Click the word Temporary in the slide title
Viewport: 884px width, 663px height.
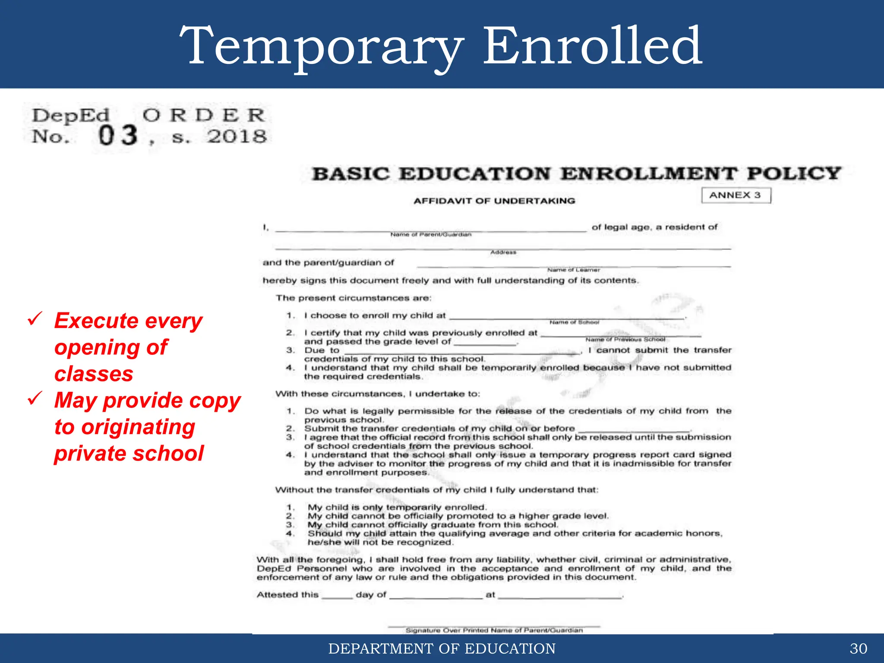coord(322,47)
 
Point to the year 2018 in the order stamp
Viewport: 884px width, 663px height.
coord(237,137)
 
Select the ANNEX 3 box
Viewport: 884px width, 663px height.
coord(736,195)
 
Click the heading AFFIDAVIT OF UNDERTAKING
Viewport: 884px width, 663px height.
coord(494,201)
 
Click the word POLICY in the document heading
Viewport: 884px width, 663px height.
coord(794,174)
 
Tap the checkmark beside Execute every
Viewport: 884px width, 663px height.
coord(35,319)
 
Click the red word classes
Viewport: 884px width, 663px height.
coord(94,374)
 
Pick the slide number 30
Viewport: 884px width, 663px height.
coord(858,648)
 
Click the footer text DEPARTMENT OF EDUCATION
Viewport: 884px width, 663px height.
coord(442,648)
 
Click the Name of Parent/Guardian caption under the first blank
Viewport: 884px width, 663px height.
coord(431,234)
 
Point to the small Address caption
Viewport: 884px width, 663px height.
coord(503,252)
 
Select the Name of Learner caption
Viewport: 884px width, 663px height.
coord(573,270)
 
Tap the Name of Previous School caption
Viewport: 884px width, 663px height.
coord(625,340)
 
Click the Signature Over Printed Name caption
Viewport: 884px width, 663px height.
coord(494,630)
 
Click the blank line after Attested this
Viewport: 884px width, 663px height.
coord(337,597)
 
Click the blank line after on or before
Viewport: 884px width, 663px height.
coord(634,430)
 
